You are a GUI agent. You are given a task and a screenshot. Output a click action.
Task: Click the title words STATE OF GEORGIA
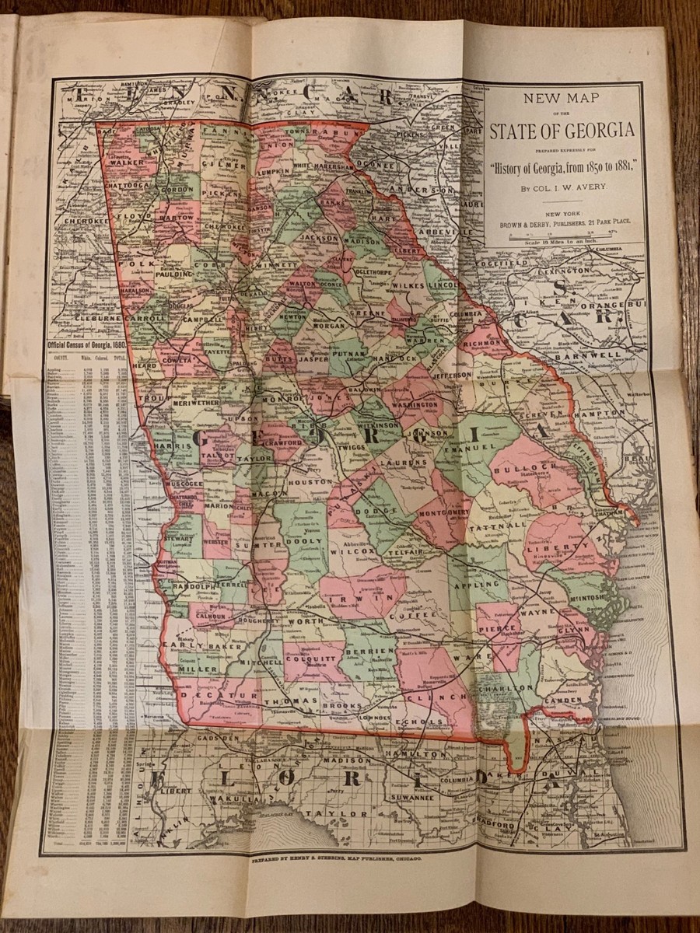point(562,130)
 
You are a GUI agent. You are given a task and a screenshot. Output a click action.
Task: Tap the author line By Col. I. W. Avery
point(562,187)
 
